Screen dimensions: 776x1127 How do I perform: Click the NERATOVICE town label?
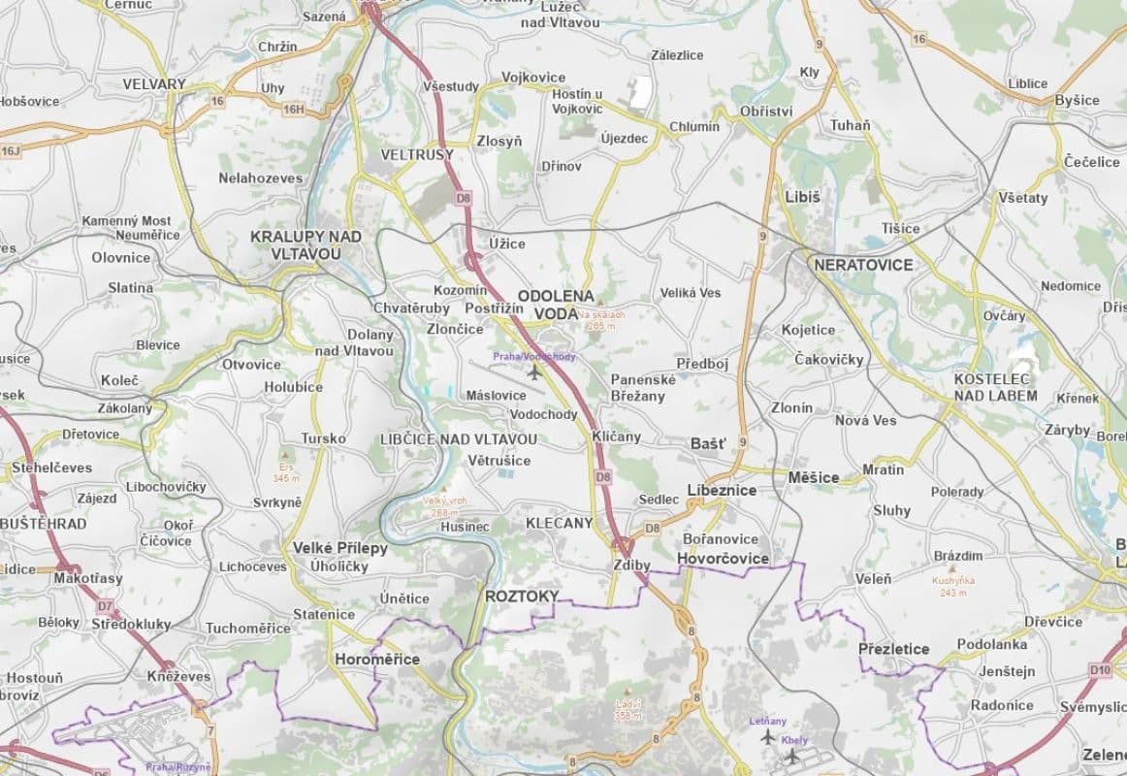(x=863, y=265)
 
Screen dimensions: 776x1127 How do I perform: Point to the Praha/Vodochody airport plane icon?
(x=532, y=372)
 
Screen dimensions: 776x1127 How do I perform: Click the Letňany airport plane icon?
(x=768, y=737)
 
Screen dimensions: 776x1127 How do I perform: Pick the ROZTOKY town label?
(x=522, y=597)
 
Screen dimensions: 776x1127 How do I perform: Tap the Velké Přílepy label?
(x=339, y=548)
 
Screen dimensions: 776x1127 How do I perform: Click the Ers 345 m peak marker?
(x=285, y=454)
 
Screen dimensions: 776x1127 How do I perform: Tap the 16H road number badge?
(x=293, y=110)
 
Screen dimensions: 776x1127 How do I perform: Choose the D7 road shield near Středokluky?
(x=105, y=605)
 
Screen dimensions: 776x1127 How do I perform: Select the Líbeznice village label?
(x=721, y=491)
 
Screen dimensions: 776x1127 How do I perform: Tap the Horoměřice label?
(x=376, y=660)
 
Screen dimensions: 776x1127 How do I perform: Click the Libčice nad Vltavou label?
(x=458, y=439)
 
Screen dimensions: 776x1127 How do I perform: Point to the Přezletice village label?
(x=893, y=649)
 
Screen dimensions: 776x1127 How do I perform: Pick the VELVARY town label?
(x=153, y=84)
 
